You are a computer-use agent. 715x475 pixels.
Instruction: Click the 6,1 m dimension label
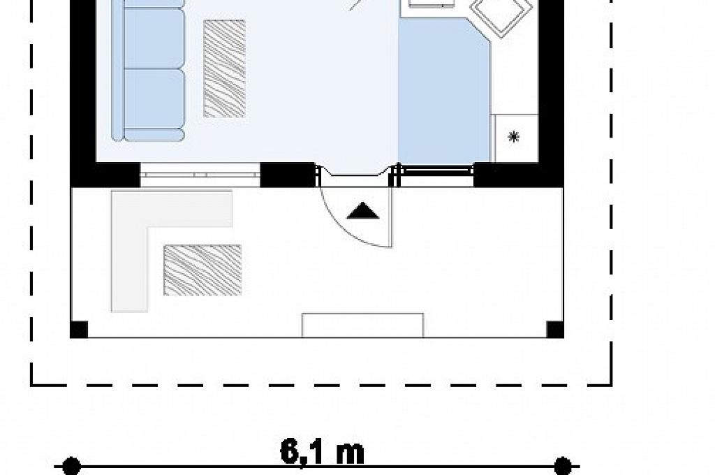323,451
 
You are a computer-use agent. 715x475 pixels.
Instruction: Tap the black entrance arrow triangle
363,210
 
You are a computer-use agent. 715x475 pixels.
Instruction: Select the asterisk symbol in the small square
514,136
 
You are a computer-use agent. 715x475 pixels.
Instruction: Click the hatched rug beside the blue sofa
224,68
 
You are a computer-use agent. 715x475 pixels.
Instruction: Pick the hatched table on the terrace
202,270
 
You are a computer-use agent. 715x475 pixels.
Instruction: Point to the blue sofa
148,70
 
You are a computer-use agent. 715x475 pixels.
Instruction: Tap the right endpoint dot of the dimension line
563,467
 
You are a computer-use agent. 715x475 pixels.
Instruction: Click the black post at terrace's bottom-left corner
78,330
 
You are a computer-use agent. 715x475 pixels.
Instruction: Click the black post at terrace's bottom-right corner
555,330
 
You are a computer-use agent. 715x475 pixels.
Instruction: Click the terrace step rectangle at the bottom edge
363,326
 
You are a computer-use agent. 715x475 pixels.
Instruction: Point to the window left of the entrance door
200,175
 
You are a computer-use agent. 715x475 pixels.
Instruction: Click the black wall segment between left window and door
287,175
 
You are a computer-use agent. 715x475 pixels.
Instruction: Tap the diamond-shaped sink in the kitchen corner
501,14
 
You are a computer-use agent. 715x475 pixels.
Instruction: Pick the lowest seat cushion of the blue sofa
154,135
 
